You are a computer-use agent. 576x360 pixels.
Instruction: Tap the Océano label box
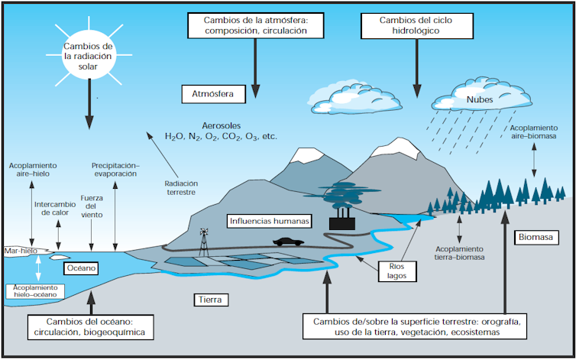tap(79, 268)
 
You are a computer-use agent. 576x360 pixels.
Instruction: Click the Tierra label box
tap(207, 300)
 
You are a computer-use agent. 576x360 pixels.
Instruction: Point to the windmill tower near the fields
tap(204, 242)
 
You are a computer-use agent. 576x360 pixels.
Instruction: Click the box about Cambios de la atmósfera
tap(255, 26)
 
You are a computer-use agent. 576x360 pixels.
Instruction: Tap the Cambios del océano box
tap(90, 327)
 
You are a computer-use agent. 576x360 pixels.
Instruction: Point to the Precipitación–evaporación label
tap(115, 169)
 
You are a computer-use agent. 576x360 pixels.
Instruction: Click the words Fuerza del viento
tap(91, 206)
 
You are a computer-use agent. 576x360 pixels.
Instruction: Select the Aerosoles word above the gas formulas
tap(221, 124)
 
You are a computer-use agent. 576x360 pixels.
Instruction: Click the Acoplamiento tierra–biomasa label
tap(459, 254)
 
